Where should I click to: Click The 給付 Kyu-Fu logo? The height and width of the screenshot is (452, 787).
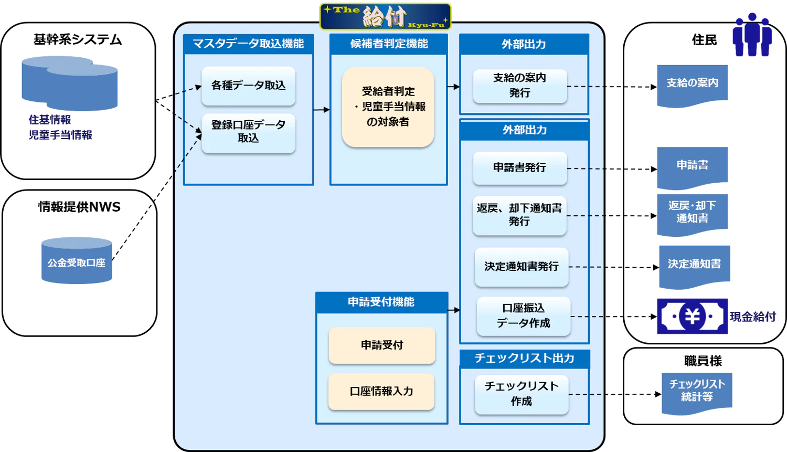pos(386,16)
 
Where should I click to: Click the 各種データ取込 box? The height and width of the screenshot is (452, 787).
pos(248,86)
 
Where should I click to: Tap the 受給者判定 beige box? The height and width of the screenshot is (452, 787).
pos(388,107)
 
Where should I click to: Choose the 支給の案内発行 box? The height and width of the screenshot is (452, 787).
pos(519,86)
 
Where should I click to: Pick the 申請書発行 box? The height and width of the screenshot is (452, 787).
pos(519,167)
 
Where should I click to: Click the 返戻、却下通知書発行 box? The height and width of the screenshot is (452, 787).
pos(519,215)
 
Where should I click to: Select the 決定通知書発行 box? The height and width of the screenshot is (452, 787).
pos(521,267)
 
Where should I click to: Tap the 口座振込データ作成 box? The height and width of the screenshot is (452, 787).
pos(523,316)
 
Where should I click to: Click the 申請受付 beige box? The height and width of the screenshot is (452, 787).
pos(382,345)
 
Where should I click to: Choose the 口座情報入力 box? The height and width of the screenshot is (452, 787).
pos(381,391)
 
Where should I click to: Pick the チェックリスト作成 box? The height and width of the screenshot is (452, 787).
pos(521,394)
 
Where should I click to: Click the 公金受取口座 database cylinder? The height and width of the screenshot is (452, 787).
pos(77,261)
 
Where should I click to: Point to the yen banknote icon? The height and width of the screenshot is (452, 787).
pos(692,316)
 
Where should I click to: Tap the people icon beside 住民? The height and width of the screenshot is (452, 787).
pos(752,35)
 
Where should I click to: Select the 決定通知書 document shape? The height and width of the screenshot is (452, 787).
pos(694,266)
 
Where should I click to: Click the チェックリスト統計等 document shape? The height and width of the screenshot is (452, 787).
pos(697,392)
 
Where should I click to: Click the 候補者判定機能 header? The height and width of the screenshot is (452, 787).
pos(389,44)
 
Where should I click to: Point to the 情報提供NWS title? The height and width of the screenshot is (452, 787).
pos(79,207)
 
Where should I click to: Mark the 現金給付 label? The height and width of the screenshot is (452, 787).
pos(752,317)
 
